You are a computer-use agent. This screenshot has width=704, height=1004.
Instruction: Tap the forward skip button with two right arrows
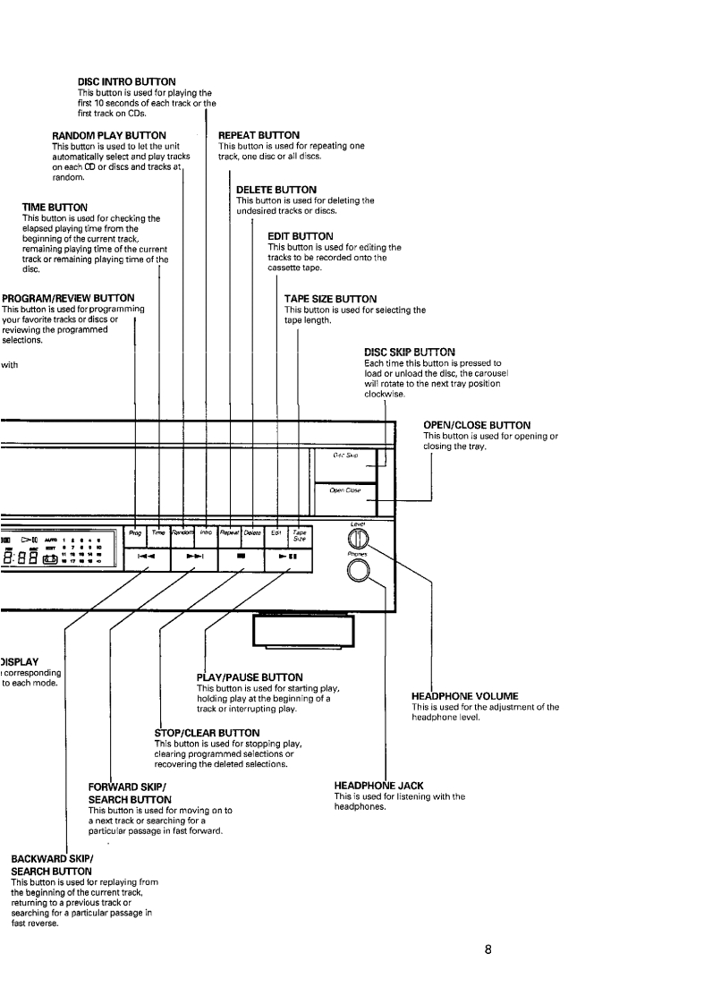[196, 557]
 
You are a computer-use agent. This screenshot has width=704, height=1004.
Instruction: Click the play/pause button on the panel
[288, 557]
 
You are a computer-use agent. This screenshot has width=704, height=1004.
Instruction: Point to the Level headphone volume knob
[355, 540]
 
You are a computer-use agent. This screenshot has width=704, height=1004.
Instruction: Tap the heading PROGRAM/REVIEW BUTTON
[69, 298]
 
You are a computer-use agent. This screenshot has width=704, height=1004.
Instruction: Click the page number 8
[488, 949]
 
